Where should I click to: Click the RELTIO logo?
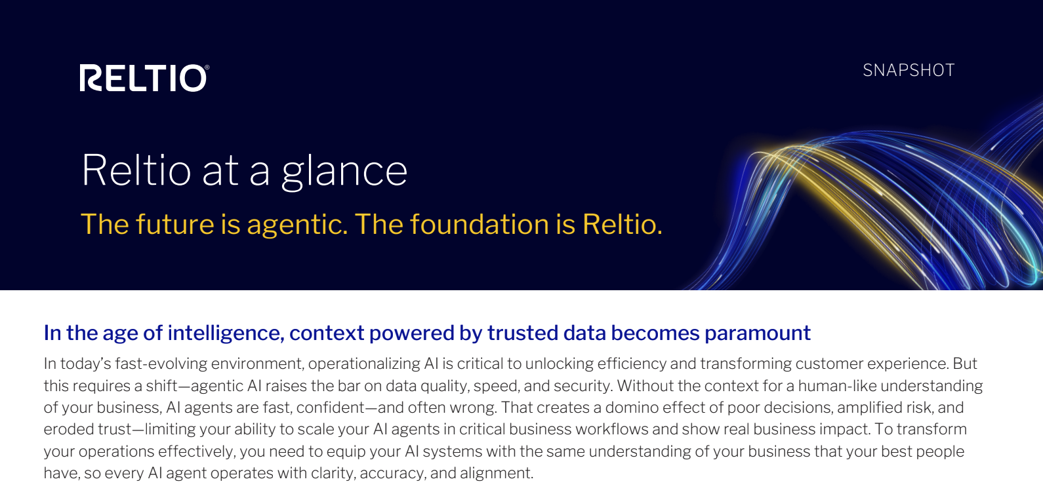pyautogui.click(x=144, y=78)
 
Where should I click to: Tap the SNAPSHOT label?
pyautogui.click(x=909, y=71)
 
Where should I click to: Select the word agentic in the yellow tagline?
pyautogui.click(x=297, y=225)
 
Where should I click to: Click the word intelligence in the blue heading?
pyautogui.click(x=226, y=333)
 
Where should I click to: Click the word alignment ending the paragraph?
pyautogui.click(x=497, y=474)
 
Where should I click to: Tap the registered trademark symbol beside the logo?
pyautogui.click(x=207, y=67)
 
